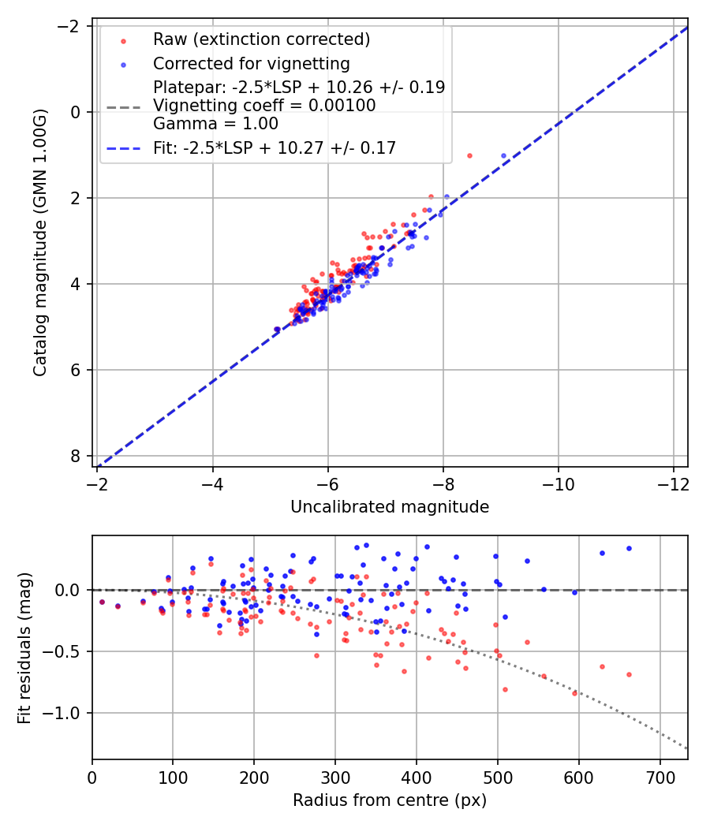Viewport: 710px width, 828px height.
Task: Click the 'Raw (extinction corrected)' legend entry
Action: pyautogui.click(x=261, y=39)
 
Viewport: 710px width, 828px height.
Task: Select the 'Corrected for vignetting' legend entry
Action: pyautogui.click(x=252, y=63)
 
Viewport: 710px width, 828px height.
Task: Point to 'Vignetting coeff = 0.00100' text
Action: pyautogui.click(x=264, y=106)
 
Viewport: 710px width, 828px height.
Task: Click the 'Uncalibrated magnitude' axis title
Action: pyautogui.click(x=390, y=507)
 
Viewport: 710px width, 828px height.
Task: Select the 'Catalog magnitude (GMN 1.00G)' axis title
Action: pyautogui.click(x=41, y=242)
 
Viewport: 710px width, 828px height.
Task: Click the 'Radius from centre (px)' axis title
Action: pyautogui.click(x=390, y=800)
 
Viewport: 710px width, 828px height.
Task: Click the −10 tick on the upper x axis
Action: pyautogui.click(x=559, y=481)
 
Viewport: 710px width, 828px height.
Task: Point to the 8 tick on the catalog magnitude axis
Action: pyautogui.click(x=76, y=456)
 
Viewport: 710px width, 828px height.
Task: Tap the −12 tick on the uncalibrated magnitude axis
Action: pyautogui.click(x=674, y=481)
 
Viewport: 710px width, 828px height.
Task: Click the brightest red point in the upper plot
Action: pyautogui.click(x=469, y=155)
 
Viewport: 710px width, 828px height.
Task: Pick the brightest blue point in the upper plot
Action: pyautogui.click(x=503, y=155)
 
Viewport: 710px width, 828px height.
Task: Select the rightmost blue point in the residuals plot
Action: pyautogui.click(x=629, y=548)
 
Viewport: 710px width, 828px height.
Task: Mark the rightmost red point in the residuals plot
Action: pyautogui.click(x=629, y=674)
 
